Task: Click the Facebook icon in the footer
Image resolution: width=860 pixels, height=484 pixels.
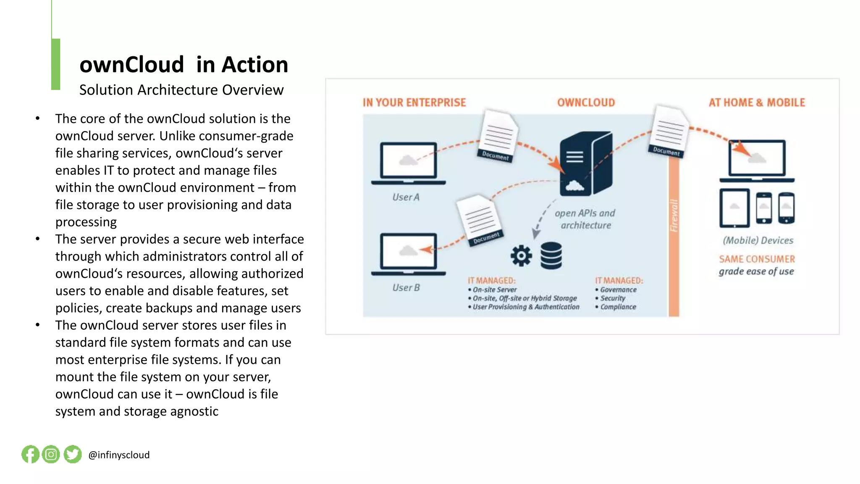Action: click(x=30, y=454)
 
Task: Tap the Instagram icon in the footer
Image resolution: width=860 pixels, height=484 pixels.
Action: click(x=51, y=454)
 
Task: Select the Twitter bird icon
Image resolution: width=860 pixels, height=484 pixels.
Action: click(x=73, y=454)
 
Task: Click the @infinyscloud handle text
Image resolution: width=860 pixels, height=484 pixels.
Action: click(x=119, y=455)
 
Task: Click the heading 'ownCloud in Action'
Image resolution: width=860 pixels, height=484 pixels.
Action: click(x=184, y=65)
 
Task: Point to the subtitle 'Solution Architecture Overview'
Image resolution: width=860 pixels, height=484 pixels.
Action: click(x=181, y=90)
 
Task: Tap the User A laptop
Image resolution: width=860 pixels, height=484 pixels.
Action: click(x=408, y=163)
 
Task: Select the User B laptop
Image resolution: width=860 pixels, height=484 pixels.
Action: click(x=408, y=254)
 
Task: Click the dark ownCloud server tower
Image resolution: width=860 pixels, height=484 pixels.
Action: click(x=586, y=164)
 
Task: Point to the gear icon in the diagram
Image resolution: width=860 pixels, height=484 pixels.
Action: click(x=521, y=255)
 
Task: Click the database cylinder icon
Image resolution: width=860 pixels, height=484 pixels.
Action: click(x=551, y=255)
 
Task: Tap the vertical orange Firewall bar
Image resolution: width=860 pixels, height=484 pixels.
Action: click(x=674, y=235)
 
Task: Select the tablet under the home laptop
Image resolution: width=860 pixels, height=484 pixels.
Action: click(x=734, y=208)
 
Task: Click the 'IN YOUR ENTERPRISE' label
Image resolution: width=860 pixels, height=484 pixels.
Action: click(x=414, y=103)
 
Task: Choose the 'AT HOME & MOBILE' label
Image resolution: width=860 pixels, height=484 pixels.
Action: click(x=757, y=103)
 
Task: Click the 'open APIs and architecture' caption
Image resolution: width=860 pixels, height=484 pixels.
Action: click(x=585, y=219)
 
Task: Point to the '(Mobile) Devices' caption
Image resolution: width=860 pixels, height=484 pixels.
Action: click(x=758, y=240)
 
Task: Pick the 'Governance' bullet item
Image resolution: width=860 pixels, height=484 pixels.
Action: click(x=618, y=289)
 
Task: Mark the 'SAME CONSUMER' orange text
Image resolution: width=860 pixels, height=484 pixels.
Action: click(x=757, y=259)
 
